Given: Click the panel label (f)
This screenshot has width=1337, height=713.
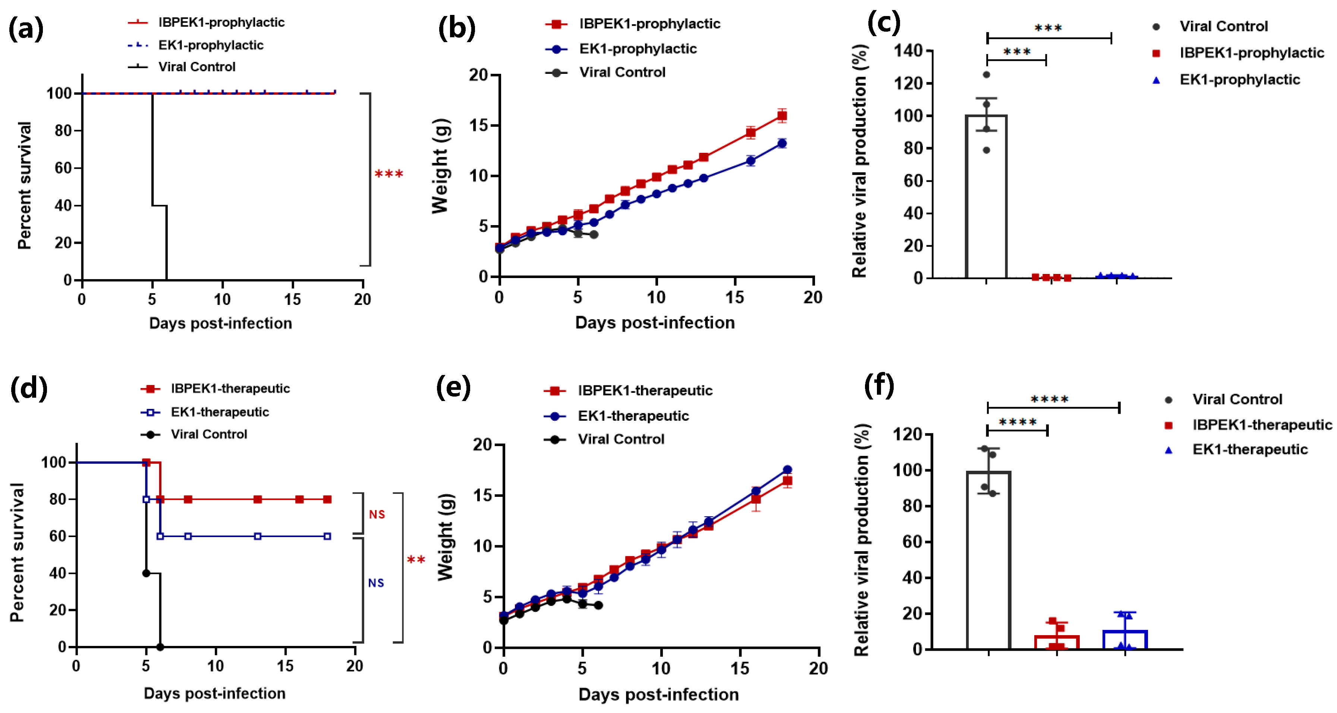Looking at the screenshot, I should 879,386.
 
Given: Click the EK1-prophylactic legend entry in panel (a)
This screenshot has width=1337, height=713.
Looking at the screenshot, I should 210,45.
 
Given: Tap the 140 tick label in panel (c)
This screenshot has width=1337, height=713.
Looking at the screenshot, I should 908,51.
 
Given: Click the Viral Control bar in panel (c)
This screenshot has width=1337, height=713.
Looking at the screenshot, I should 986,208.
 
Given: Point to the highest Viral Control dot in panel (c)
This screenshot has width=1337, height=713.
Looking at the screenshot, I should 986,75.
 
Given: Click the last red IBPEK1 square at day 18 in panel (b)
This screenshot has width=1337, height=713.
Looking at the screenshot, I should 781,116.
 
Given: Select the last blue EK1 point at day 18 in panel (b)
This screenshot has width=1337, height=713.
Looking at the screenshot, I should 781,143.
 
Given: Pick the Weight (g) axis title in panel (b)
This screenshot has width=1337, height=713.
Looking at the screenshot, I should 441,166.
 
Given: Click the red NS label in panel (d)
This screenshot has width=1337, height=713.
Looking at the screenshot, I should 377,514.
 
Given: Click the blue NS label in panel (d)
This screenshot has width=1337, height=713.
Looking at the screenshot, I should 376,583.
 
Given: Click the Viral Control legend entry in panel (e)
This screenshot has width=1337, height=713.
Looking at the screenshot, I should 621,439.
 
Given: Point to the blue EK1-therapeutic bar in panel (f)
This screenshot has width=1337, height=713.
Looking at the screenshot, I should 1125,639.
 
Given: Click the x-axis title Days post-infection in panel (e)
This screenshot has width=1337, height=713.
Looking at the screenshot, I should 658,694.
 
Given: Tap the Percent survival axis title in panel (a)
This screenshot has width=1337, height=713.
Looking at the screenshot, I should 24,186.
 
